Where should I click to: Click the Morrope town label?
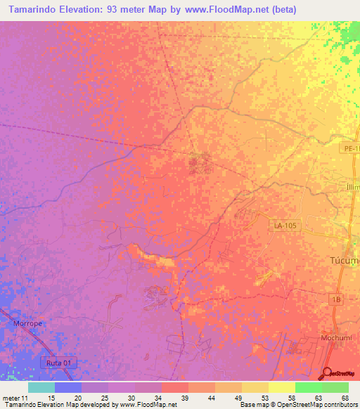pyautogui.click(x=29, y=323)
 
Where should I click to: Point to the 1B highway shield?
pyautogui.click(x=337, y=299)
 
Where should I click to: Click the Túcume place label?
pyautogui.click(x=345, y=260)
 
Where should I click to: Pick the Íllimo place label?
pyautogui.click(x=352, y=187)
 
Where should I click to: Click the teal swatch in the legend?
pyautogui.click(x=41, y=387)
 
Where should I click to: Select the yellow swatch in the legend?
pyautogui.click(x=281, y=387)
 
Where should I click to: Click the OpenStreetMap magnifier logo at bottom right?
pyautogui.click(x=327, y=373)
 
